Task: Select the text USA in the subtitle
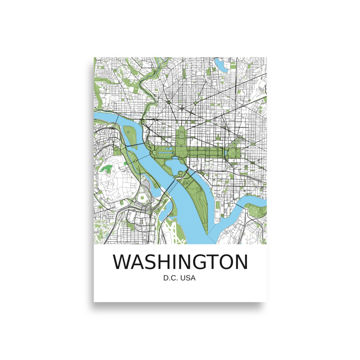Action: (189, 278)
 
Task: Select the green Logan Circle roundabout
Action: (195, 103)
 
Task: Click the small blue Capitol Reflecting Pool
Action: (226, 153)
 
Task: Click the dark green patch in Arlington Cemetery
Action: (107, 168)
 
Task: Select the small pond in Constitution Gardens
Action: (169, 148)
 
